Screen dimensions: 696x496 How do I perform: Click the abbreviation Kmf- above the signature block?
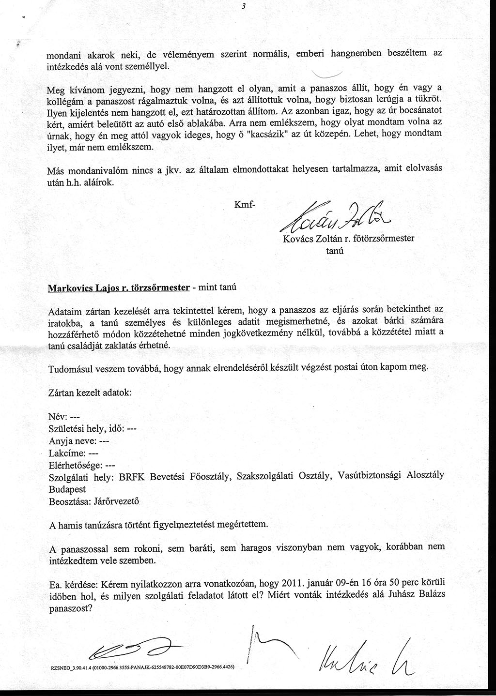coord(244,205)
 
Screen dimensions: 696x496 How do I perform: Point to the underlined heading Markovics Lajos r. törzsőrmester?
coord(118,287)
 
